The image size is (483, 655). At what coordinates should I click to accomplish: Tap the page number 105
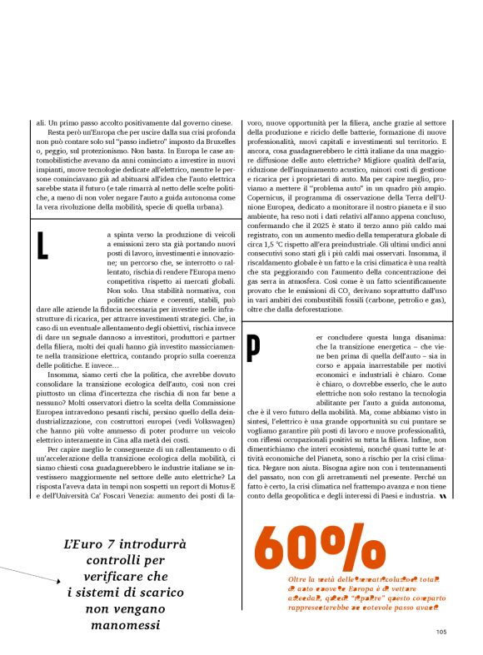pos(441,632)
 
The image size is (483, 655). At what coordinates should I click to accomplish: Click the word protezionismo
pos(97,153)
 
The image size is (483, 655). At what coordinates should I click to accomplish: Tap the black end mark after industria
pos(442,496)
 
